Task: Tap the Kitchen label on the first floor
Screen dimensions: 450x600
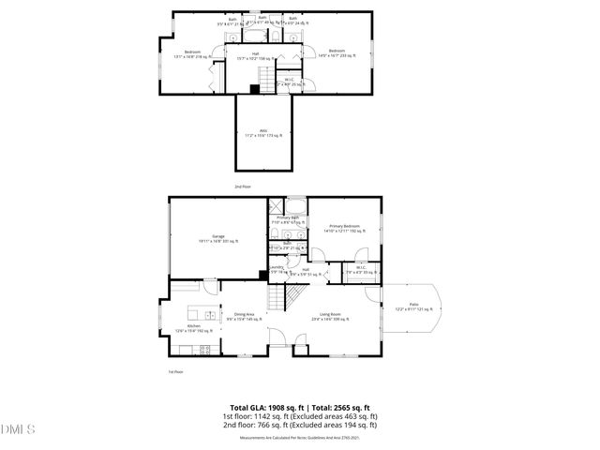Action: coord(194,327)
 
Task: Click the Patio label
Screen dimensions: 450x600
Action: coord(412,306)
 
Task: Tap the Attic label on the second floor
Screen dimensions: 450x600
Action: coord(262,132)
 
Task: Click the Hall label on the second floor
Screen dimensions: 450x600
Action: coord(254,53)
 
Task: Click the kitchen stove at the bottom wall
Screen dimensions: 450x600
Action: coord(204,349)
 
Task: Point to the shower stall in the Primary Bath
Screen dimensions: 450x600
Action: coord(277,207)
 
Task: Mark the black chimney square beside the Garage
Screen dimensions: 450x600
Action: coord(263,275)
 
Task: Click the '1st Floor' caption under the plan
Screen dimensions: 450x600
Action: coord(174,372)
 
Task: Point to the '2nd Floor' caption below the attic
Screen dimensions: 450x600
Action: coord(243,187)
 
